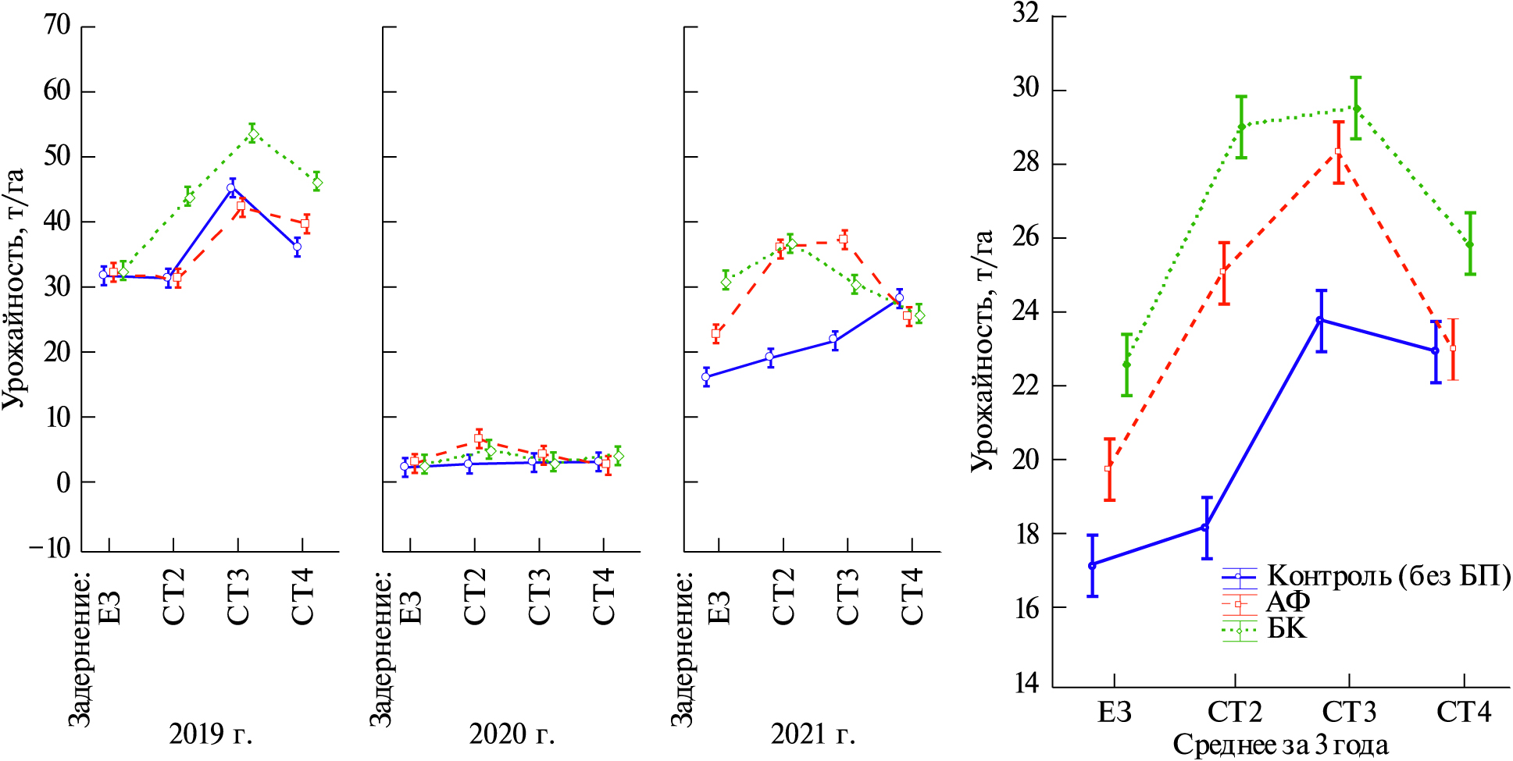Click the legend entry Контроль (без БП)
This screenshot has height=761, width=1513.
(1387, 576)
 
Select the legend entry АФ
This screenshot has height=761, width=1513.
(1287, 603)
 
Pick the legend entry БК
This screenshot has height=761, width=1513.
(1286, 628)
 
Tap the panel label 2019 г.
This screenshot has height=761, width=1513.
(211, 734)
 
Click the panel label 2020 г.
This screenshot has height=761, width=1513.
(512, 734)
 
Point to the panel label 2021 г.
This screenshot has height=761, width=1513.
(813, 734)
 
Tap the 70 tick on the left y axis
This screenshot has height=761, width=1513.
(57, 26)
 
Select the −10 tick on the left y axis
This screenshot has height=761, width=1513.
(50, 548)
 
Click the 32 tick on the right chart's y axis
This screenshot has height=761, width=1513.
(1026, 15)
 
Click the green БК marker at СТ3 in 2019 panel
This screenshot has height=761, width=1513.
(252, 134)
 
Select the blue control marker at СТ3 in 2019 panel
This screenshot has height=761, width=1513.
(231, 188)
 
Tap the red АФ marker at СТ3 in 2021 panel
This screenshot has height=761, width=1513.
(844, 240)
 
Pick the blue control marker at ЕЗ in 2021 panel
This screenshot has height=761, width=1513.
(706, 377)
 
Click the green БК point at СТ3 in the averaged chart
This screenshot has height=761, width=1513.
(1356, 108)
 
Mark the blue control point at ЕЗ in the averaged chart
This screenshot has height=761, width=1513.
(1092, 565)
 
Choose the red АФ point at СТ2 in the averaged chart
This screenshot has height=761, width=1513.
(1223, 272)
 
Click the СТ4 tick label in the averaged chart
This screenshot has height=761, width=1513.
(1464, 712)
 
